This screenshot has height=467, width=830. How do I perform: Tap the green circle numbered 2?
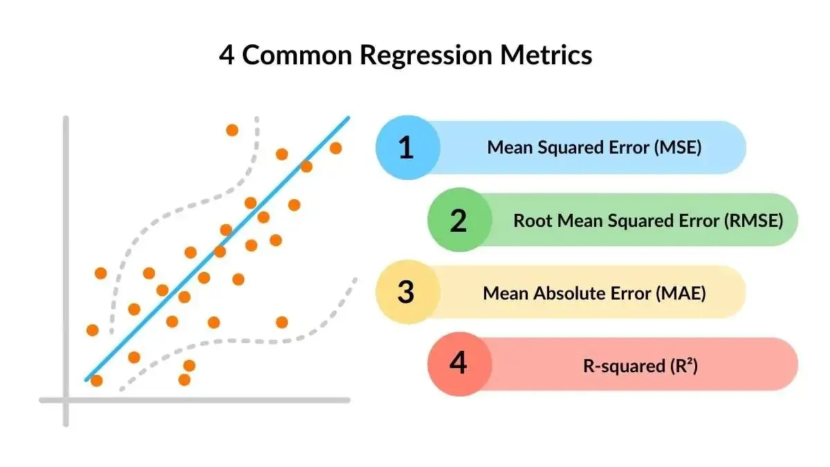[459, 221]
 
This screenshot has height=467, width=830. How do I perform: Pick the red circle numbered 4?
[459, 364]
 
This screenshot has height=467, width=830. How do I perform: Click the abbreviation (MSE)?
[677, 147]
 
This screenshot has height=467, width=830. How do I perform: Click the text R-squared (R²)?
[640, 366]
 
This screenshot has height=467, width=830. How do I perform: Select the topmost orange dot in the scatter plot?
[232, 130]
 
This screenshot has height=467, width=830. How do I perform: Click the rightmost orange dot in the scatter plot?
[335, 147]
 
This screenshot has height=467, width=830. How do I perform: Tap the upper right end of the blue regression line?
[347, 119]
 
